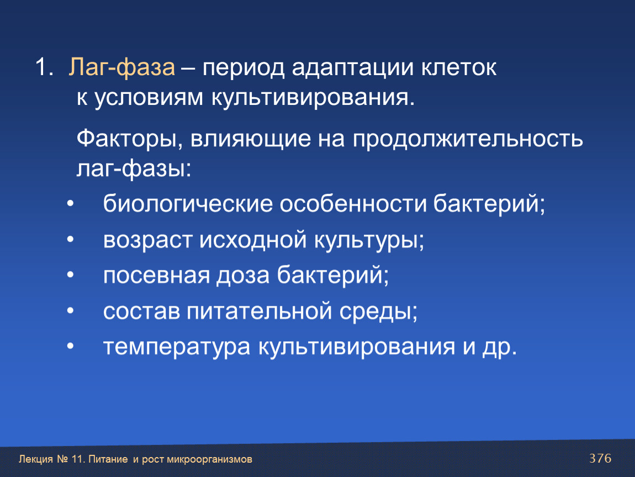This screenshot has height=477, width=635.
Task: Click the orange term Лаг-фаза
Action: (122, 67)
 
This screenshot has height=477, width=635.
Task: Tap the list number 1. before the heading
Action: (44, 67)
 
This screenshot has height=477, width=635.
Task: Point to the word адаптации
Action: (352, 68)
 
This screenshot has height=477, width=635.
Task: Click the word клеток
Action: (458, 67)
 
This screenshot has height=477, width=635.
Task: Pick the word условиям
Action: (149, 98)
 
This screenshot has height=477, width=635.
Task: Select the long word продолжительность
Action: (468, 139)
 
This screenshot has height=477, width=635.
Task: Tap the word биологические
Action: (188, 203)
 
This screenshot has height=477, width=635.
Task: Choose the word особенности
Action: (353, 203)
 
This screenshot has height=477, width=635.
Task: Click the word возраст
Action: (147, 240)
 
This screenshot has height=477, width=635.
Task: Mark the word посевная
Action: (157, 275)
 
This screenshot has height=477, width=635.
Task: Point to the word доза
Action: (242, 275)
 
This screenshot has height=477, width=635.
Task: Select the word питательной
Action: (259, 311)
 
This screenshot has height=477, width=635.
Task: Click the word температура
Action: (177, 347)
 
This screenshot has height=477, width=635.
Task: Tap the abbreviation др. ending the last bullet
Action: (500, 347)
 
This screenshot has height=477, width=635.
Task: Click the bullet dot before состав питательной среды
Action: (71, 311)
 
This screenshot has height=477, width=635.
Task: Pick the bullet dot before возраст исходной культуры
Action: (71, 240)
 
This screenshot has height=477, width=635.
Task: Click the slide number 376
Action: (600, 458)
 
